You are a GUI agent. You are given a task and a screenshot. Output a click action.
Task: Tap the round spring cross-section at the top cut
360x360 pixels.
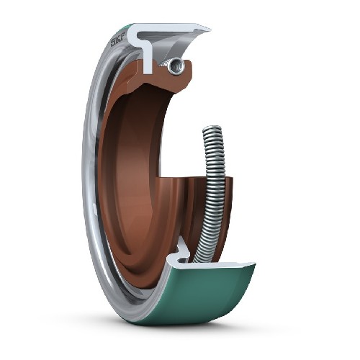tap(174, 66)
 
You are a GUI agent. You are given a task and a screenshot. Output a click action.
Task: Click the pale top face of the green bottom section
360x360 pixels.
tap(216, 264)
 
